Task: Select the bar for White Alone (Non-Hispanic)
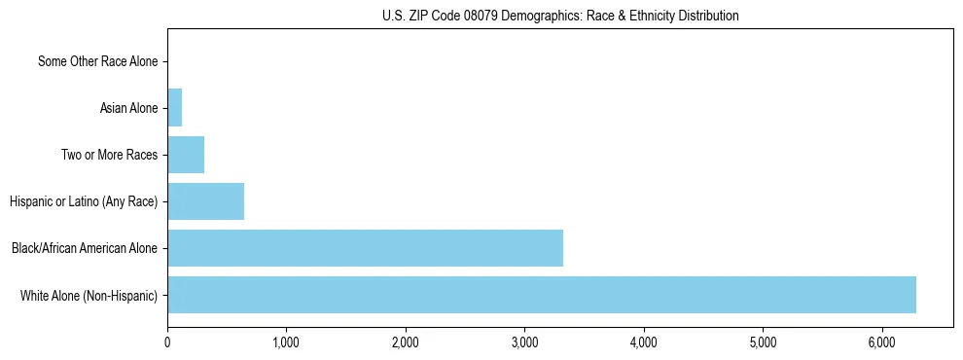542,295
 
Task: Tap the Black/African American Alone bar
365,248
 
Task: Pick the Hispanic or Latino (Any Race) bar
205,201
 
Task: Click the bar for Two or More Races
186,155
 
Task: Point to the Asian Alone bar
175,108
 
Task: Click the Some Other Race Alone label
97,62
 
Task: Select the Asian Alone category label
128,108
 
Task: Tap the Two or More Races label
109,155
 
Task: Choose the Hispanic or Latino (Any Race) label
84,201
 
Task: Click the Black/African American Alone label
85,248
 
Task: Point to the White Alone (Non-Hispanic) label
89,295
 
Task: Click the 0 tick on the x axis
167,342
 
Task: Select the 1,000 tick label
286,342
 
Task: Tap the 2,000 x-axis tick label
406,342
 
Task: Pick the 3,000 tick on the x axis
524,342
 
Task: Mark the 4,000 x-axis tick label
644,342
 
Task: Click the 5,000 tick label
763,342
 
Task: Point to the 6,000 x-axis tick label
882,342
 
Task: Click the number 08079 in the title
489,16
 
